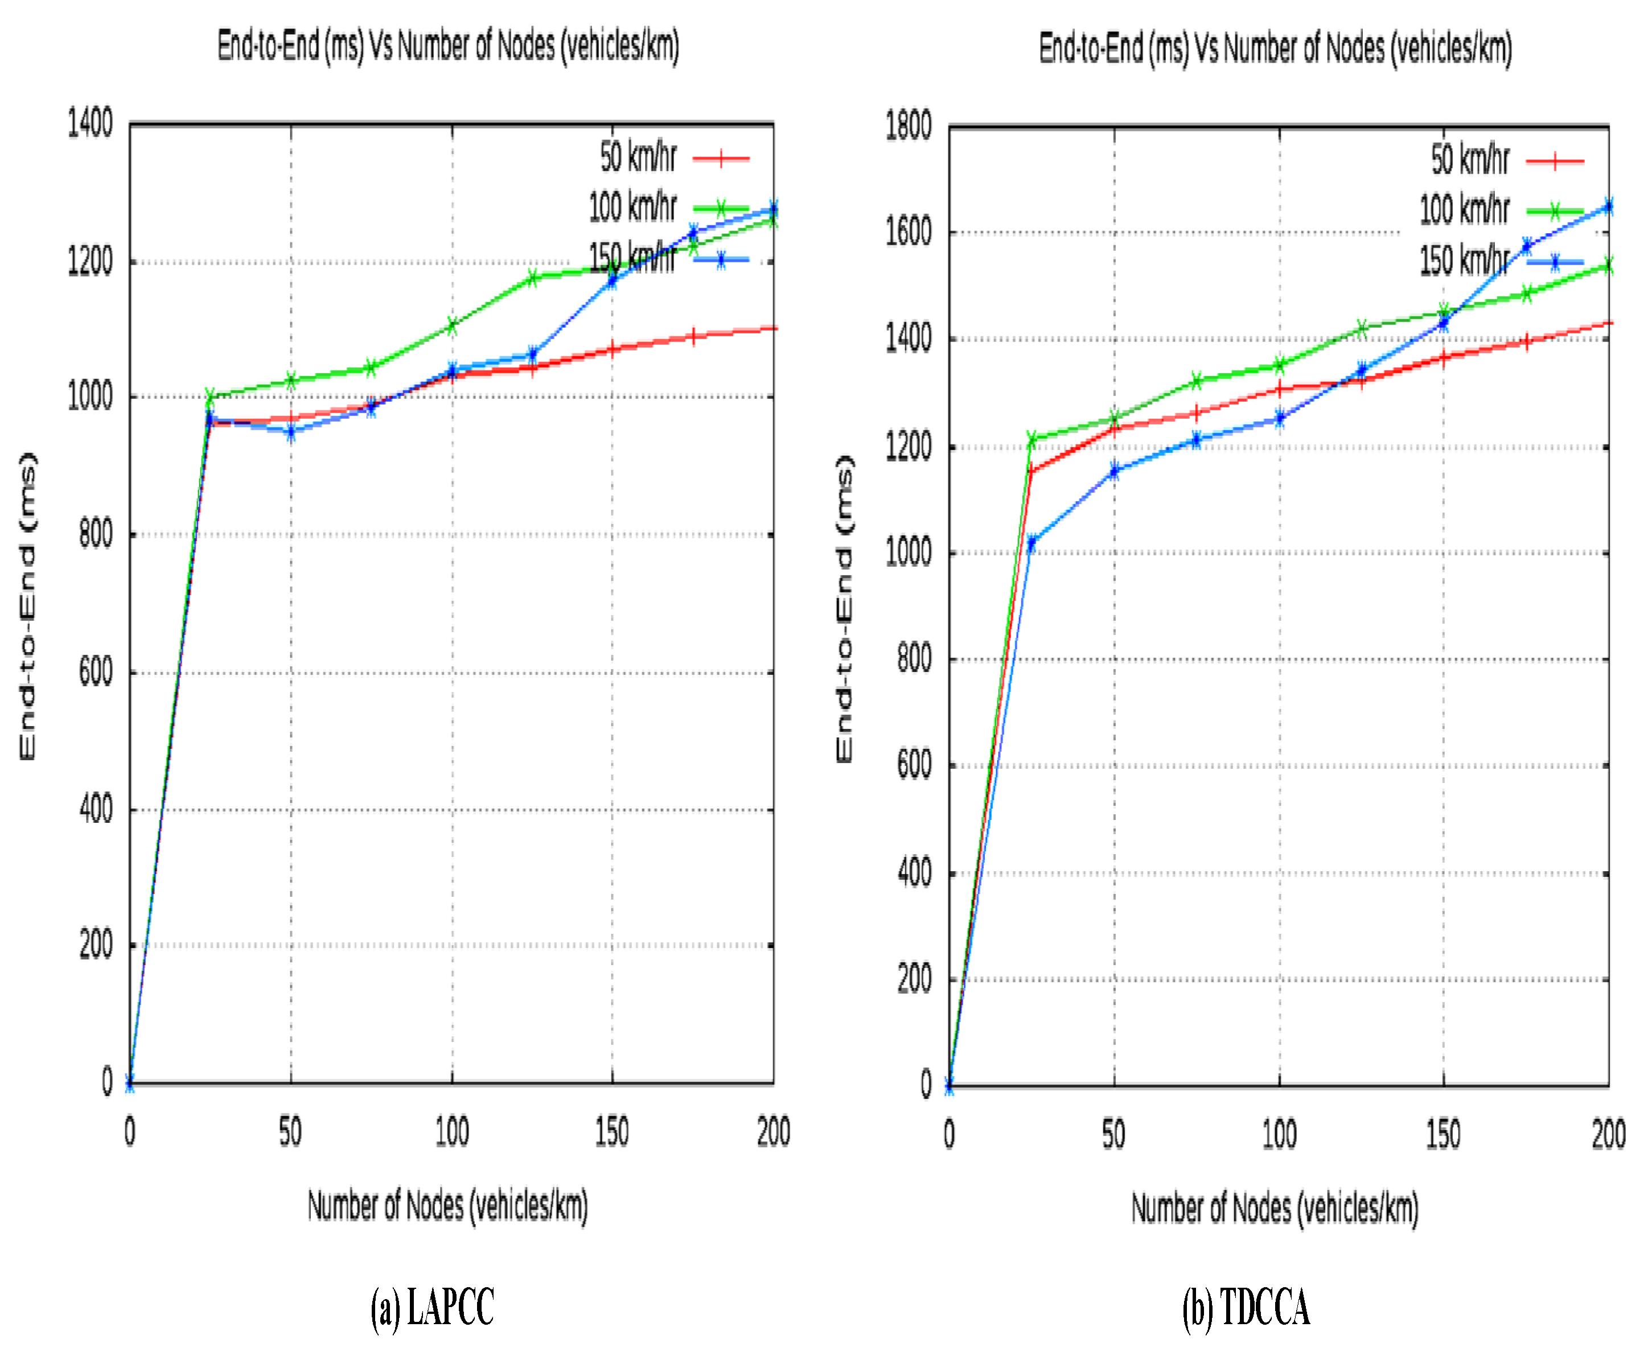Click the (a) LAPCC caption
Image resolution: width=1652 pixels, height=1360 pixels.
point(432,1308)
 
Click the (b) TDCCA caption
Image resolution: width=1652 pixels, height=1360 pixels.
point(1246,1308)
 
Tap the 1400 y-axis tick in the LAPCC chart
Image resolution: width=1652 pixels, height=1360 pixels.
point(90,124)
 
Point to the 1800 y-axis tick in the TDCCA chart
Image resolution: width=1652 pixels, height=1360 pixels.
point(909,126)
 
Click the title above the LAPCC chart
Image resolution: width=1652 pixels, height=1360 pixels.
point(448,46)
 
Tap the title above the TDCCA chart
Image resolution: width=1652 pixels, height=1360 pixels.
point(1275,48)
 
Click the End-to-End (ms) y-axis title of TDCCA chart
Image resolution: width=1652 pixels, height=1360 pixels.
point(844,609)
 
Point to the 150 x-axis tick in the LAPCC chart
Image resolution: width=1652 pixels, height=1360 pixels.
point(611,1132)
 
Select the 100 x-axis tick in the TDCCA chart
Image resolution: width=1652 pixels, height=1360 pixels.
point(1279,1135)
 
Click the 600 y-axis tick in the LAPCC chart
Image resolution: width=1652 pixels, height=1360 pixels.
point(96,672)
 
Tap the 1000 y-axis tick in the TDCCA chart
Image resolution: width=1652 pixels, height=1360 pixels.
point(909,553)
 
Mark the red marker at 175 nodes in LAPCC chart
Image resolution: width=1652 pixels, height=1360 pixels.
point(693,337)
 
